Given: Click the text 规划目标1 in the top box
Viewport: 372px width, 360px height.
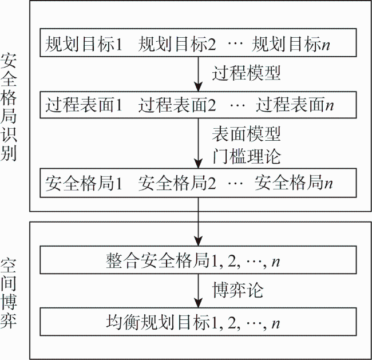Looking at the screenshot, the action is click(84, 44).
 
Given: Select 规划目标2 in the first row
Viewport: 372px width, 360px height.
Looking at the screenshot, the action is click(177, 44).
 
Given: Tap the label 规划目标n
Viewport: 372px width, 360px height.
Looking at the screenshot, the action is click(291, 44).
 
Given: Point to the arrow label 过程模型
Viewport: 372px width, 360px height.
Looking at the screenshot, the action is click(246, 73).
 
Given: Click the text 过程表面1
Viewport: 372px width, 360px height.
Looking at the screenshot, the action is click(84, 105).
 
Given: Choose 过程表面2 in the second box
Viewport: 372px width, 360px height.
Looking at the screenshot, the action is click(177, 105).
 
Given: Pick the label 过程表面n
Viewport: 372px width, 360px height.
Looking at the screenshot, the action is click(295, 105).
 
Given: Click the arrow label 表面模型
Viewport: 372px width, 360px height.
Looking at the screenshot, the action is click(246, 134).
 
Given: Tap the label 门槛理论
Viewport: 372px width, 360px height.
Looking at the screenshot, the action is click(246, 156).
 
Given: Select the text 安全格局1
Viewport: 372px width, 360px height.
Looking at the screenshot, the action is click(84, 183).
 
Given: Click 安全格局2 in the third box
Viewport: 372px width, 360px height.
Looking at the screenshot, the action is click(177, 183).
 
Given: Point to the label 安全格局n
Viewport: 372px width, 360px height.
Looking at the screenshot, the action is click(294, 183).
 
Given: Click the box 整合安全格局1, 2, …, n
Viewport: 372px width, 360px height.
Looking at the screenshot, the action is click(198, 260).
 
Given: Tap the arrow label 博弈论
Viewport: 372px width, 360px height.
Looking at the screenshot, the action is click(238, 290).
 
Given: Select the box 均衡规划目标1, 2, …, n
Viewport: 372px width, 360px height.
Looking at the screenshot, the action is click(198, 322).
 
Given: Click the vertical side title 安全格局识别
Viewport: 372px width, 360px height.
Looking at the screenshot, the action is click(9, 107).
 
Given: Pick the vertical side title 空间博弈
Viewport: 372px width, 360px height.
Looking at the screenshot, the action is click(9, 294).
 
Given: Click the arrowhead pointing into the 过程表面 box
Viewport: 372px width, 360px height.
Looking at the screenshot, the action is click(198, 87).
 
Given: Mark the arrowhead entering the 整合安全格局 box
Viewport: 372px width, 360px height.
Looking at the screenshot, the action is click(198, 241).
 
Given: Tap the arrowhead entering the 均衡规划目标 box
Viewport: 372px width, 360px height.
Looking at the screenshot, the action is click(198, 303).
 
